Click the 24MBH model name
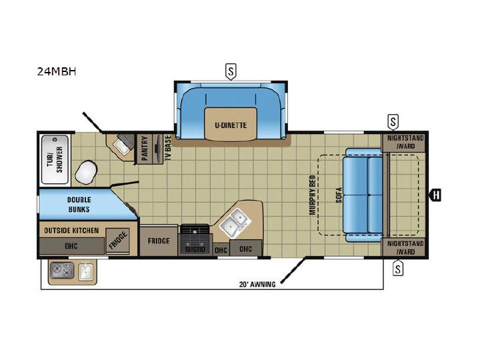tap(57, 71)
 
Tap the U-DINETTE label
tap(231, 125)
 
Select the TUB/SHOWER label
tap(55, 159)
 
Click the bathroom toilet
tap(86, 172)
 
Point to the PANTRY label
tap(145, 149)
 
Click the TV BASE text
tap(168, 147)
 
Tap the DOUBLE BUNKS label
tap(79, 205)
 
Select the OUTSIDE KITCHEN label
tap(71, 231)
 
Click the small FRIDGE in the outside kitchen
tap(118, 241)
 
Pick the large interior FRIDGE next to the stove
tap(159, 241)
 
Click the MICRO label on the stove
tap(195, 249)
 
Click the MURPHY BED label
tap(312, 195)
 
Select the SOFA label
tap(339, 195)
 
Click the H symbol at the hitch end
tap(436, 195)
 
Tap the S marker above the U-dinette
tap(231, 71)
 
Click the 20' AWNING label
tap(257, 285)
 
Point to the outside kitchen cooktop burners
tap(62, 271)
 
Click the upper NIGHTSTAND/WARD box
tap(405, 142)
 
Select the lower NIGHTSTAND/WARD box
tap(405, 247)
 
